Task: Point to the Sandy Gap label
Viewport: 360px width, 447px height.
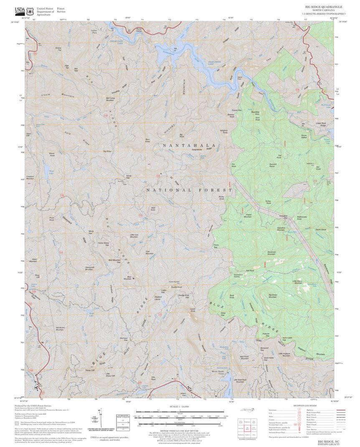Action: [x=129, y=177]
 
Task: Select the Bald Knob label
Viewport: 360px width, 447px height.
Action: [x=153, y=208]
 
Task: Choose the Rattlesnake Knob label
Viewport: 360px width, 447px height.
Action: [x=302, y=218]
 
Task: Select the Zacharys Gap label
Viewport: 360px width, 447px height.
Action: [x=123, y=339]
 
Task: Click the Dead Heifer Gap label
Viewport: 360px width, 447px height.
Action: [x=269, y=358]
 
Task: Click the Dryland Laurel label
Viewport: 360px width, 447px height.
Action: [x=157, y=298]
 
